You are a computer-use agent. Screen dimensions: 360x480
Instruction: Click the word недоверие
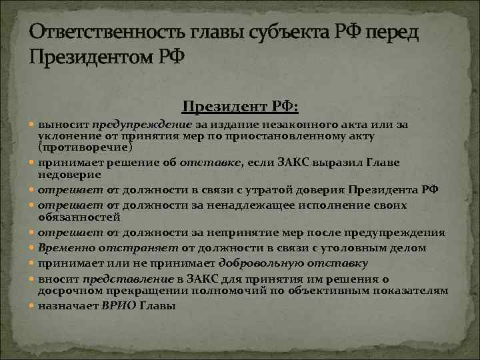pos(69,173)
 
